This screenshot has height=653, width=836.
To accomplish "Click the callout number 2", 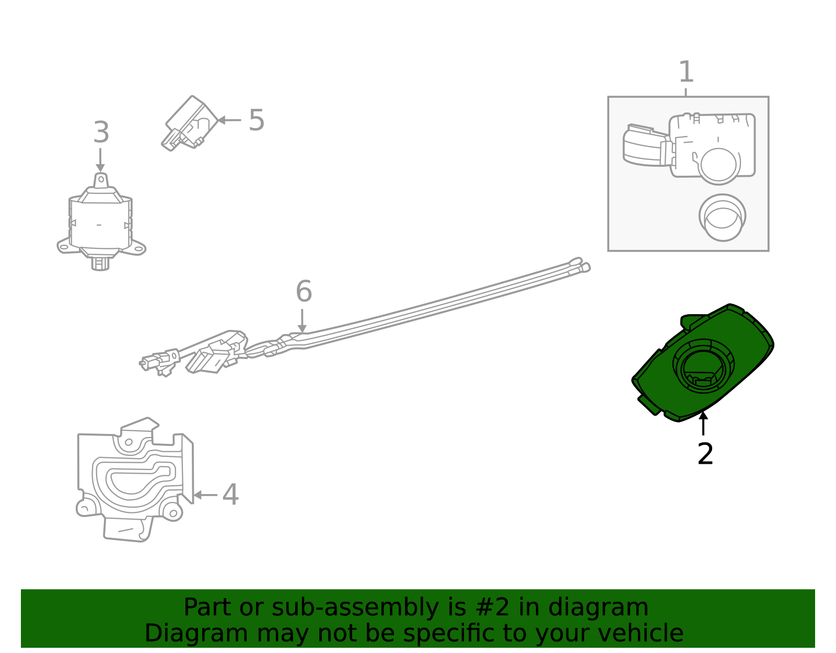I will pyautogui.click(x=705, y=454).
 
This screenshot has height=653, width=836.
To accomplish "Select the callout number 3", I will pyautogui.click(x=101, y=132).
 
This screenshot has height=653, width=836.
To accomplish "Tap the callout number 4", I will pyautogui.click(x=230, y=494).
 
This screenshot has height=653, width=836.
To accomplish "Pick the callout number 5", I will pyautogui.click(x=256, y=120).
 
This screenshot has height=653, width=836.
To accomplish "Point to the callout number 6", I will pyautogui.click(x=304, y=291).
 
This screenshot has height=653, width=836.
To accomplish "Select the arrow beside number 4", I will pyautogui.click(x=204, y=495).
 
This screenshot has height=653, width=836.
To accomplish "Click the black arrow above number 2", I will pyautogui.click(x=703, y=423).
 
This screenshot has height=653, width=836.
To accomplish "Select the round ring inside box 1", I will pyautogui.click(x=722, y=217).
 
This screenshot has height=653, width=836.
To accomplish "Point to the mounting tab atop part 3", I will pyautogui.click(x=101, y=180).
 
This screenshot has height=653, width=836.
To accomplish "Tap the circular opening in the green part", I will pyautogui.click(x=703, y=366).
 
